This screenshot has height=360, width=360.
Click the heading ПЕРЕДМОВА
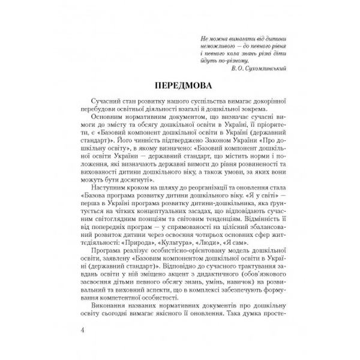tap(179, 82)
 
